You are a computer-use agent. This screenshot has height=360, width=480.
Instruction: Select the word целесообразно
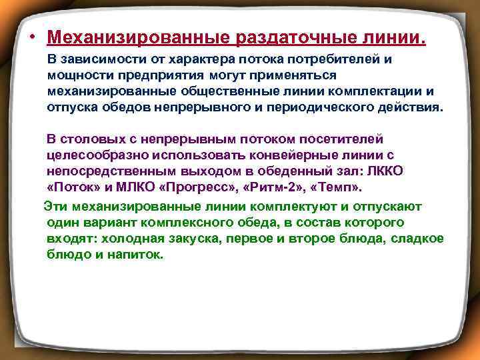coord(96,155)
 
